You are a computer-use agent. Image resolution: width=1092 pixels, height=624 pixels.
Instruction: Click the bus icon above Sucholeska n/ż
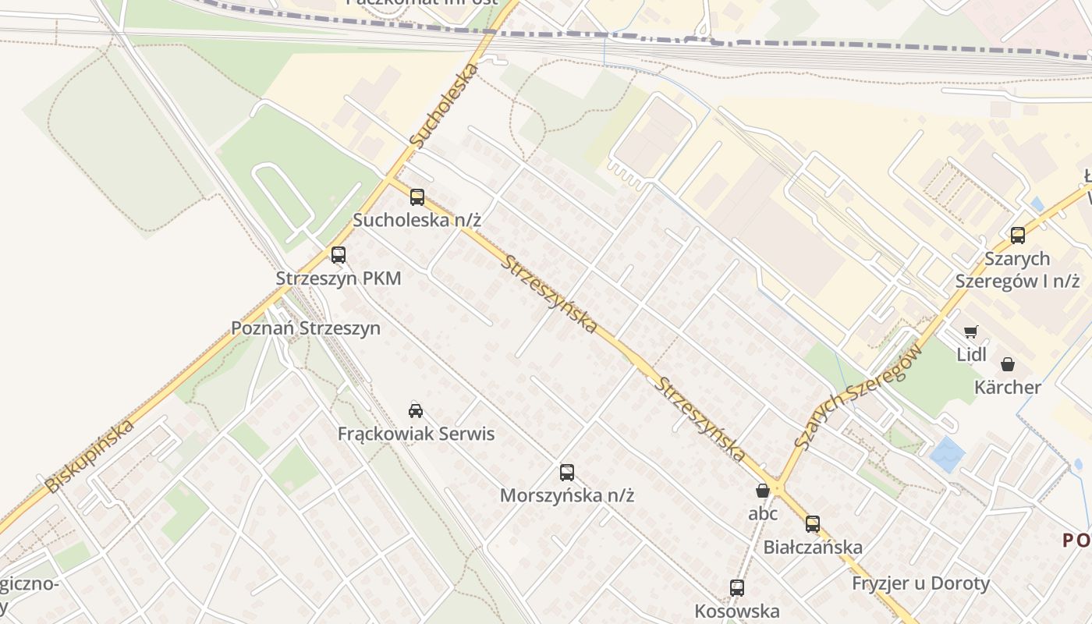[417, 197]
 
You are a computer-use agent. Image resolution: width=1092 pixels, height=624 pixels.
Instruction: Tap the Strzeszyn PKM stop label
[338, 278]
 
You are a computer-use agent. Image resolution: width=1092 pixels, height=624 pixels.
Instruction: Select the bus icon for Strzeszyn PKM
[338, 255]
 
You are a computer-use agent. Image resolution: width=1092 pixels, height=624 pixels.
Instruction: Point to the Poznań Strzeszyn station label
[306, 328]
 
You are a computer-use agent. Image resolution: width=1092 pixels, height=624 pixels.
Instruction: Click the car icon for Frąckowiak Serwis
[416, 411]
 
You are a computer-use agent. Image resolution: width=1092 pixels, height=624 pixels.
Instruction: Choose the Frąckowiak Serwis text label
[416, 434]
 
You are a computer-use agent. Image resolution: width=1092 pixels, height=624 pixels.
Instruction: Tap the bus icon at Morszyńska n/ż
[567, 473]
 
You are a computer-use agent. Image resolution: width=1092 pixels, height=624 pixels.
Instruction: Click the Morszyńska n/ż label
[567, 495]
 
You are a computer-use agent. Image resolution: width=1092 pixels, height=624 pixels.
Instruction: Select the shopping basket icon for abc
[763, 491]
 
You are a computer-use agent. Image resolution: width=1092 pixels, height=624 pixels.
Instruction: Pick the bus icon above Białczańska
[813, 524]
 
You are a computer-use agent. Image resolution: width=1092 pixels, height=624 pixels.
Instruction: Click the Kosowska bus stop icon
[737, 588]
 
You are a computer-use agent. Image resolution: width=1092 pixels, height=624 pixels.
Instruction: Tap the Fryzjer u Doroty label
[920, 583]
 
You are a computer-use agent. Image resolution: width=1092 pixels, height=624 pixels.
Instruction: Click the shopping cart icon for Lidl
[971, 332]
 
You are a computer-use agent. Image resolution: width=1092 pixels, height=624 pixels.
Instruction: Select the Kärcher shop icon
[1008, 364]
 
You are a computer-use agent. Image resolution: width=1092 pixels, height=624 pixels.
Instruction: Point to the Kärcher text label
[1008, 387]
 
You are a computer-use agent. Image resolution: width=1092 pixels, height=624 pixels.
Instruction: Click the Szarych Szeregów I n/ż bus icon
[1017, 236]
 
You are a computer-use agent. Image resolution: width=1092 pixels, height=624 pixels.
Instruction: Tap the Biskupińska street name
[90, 456]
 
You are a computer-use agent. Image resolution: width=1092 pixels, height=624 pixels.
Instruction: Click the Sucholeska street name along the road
[443, 107]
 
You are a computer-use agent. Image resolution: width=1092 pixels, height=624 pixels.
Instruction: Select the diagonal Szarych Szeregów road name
[860, 396]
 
